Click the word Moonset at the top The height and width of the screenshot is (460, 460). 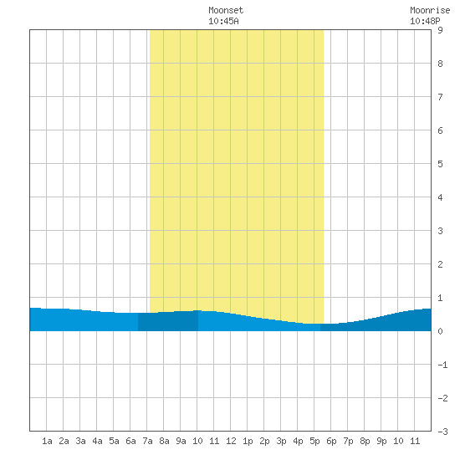tap(226, 10)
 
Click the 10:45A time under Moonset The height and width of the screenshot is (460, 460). tap(223, 21)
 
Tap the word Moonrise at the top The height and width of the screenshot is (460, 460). tap(430, 10)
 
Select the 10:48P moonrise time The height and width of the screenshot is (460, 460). tap(425, 21)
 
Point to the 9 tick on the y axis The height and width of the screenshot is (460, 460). tap(440, 30)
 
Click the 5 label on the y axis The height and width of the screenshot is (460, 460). tap(440, 164)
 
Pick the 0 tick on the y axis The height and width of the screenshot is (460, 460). tap(440, 331)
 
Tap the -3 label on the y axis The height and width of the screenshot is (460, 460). tap(442, 432)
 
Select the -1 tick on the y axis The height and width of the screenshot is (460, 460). tap(442, 365)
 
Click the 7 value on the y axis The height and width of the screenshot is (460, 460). tap(440, 97)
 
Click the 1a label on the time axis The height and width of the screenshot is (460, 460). tap(47, 441)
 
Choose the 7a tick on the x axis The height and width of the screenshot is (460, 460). tap(147, 441)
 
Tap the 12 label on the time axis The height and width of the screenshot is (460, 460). tap(231, 441)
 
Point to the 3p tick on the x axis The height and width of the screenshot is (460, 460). tap(281, 441)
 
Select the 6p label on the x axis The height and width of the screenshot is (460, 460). tap(331, 441)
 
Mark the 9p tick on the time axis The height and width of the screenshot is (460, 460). tap(381, 441)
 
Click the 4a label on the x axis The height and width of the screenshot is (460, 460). tap(97, 441)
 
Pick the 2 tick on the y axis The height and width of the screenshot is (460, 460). tap(440, 264)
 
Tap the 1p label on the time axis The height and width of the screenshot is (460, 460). tap(248, 441)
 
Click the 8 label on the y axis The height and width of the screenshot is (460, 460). tap(440, 64)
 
